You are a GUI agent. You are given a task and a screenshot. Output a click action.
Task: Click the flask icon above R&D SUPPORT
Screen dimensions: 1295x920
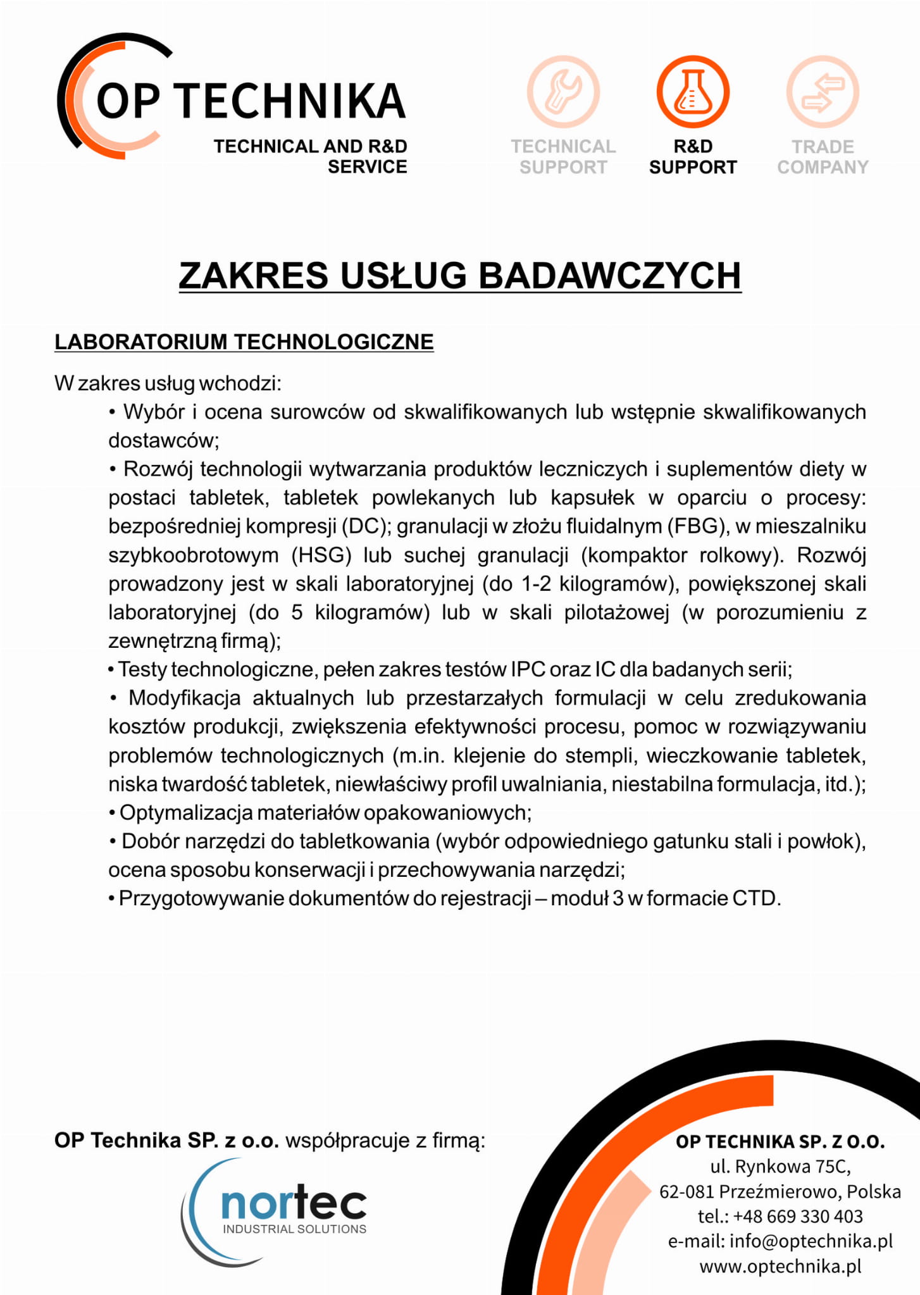(x=693, y=92)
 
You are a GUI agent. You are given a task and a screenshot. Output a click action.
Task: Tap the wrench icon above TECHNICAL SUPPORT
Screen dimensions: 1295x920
(x=563, y=92)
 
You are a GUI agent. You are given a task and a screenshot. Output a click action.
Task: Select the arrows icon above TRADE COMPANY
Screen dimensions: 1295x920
(x=823, y=92)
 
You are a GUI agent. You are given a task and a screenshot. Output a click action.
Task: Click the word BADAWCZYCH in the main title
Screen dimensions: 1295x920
(x=609, y=276)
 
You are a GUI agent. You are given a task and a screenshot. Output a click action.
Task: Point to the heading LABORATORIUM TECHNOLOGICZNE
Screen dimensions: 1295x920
(x=244, y=342)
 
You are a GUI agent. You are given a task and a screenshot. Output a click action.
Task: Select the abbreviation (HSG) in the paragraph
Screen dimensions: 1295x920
(x=321, y=555)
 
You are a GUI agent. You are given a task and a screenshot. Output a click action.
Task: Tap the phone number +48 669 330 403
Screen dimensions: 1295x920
(x=799, y=1216)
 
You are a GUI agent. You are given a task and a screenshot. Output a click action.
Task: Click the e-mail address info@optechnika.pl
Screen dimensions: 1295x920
(x=811, y=1241)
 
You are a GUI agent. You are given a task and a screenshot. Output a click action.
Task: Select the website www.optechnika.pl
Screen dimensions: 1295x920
(x=780, y=1266)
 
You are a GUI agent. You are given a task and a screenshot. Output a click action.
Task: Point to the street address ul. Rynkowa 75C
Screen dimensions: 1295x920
(x=780, y=1165)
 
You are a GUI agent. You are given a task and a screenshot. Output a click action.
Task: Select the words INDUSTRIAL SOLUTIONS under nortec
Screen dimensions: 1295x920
(x=294, y=1229)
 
